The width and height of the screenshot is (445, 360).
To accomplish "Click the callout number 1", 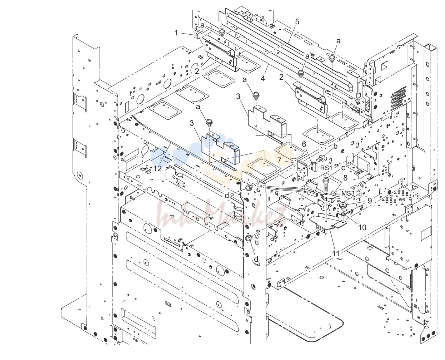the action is tap(176, 33).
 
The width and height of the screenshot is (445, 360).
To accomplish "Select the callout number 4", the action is tap(262, 79).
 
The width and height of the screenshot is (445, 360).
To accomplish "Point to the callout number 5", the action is tap(297, 21).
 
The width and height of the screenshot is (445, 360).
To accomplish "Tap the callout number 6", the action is tap(304, 144).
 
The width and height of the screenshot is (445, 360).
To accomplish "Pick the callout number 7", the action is tap(279, 160).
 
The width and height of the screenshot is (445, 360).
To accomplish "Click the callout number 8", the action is tap(345, 178).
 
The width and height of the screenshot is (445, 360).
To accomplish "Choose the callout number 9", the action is tap(370, 201).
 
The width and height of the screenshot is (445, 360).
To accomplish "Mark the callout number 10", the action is tap(362, 227).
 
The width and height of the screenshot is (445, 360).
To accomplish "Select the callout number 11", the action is tap(336, 254).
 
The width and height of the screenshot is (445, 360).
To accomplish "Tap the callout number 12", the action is tap(158, 168).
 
